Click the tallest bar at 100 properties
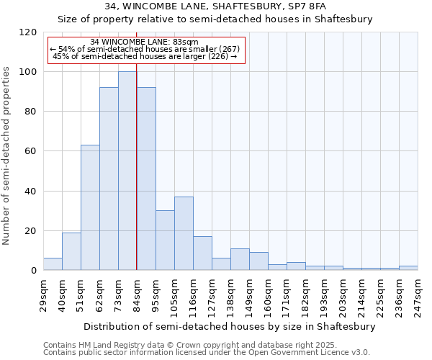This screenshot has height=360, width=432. coord(127,171)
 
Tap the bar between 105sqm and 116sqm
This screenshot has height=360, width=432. coord(184,233)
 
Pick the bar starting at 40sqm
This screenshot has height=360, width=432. coord(71,251)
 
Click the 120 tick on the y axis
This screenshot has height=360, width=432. coord(28,32)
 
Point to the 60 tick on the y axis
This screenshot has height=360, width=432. coord(31,151)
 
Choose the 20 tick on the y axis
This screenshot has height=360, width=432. coord(31,231)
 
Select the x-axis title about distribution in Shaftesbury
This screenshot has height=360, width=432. coord(230,326)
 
